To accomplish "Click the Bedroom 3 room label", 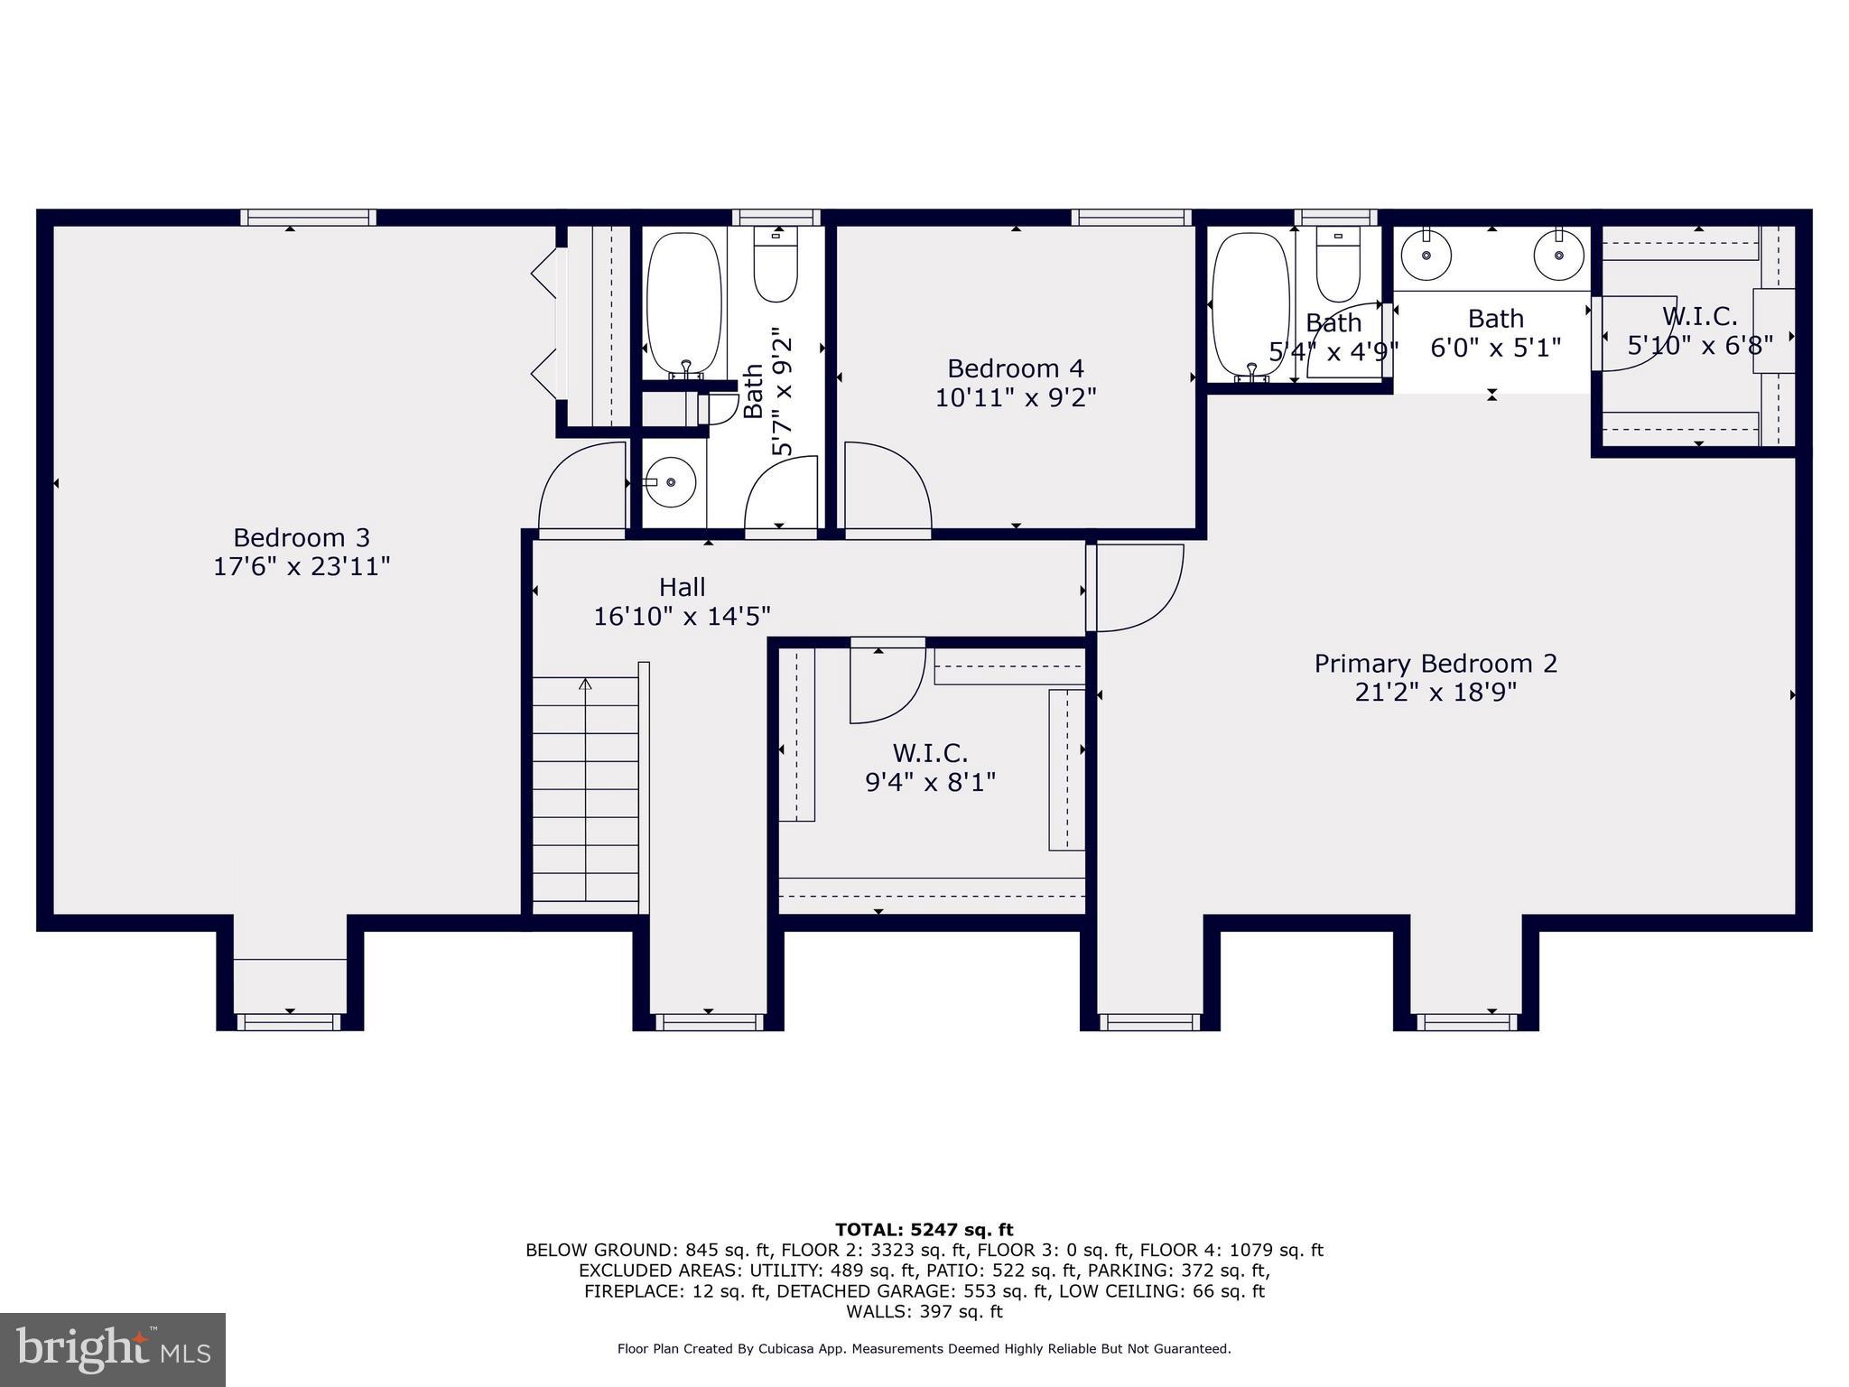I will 301,538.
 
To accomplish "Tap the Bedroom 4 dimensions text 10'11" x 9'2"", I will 1015,398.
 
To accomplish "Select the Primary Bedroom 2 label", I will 1435,664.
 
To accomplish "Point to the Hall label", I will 682,588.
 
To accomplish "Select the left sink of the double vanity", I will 1426,255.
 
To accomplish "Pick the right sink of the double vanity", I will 1559,255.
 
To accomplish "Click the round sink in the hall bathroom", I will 670,482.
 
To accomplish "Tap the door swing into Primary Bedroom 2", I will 1136,587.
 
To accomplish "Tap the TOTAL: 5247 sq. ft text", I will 924,1230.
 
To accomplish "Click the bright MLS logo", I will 113,1349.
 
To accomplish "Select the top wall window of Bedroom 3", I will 308,217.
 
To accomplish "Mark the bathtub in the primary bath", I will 1250,303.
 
